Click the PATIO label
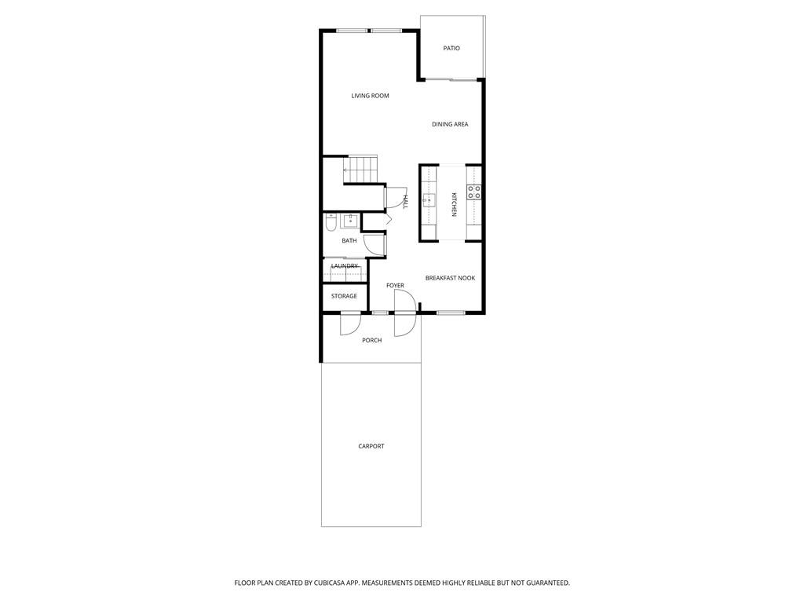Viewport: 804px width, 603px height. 451,49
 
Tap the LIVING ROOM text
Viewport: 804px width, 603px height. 370,96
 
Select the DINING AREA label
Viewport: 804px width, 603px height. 450,124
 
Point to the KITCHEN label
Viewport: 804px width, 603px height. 454,204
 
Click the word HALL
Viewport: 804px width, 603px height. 405,202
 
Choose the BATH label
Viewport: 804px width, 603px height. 349,241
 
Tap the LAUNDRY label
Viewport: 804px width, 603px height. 345,266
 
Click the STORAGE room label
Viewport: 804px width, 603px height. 344,296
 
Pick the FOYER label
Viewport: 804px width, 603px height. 395,286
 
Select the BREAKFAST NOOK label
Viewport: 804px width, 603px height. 450,278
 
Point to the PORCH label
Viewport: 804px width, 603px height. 371,340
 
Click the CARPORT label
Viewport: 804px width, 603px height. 371,446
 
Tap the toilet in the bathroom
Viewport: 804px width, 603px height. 331,223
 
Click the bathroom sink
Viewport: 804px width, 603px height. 349,221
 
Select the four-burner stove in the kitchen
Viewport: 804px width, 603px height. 474,192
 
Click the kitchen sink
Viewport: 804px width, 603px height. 429,199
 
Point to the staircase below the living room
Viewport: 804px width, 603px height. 360,169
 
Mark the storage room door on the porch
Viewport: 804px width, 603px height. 350,324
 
